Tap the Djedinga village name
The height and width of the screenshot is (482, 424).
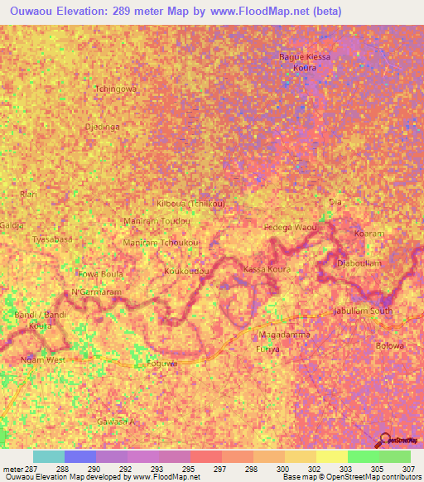(103, 127)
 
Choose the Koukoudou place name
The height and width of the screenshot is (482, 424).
(186, 271)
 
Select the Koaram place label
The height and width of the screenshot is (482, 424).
(369, 234)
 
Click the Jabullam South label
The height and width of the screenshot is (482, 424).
(362, 311)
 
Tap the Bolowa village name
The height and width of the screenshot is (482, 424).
(389, 345)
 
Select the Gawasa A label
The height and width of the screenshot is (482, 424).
(115, 422)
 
